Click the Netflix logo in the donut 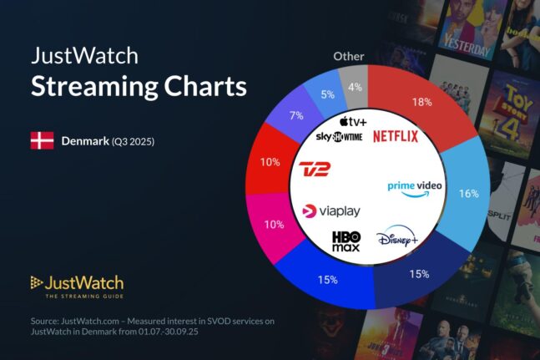click(396, 136)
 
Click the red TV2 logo click(315, 171)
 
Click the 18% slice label click(421, 103)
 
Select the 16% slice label click(468, 193)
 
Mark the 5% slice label click(326, 94)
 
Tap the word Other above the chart click(349, 56)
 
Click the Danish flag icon click(42, 140)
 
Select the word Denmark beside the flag click(85, 141)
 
